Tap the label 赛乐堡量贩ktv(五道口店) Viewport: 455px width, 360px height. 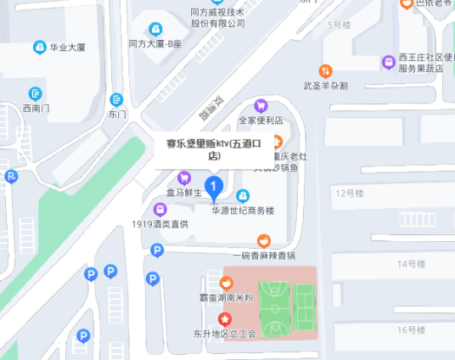(x=214, y=149)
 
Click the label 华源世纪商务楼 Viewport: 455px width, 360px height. (x=243, y=211)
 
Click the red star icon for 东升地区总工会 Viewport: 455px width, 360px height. (x=225, y=320)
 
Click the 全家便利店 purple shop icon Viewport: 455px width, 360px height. (x=261, y=106)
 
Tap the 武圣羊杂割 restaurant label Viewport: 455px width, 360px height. (x=326, y=86)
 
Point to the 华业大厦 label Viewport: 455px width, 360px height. (x=67, y=48)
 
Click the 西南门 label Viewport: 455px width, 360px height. (x=37, y=108)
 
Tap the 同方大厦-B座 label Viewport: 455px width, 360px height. (x=155, y=43)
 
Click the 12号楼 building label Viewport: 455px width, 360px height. (x=349, y=194)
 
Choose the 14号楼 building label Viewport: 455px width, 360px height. (x=411, y=264)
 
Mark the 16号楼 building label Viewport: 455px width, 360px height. (x=411, y=329)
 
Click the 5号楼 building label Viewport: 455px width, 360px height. (x=339, y=25)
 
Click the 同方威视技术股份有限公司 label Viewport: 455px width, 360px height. (x=217, y=18)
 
